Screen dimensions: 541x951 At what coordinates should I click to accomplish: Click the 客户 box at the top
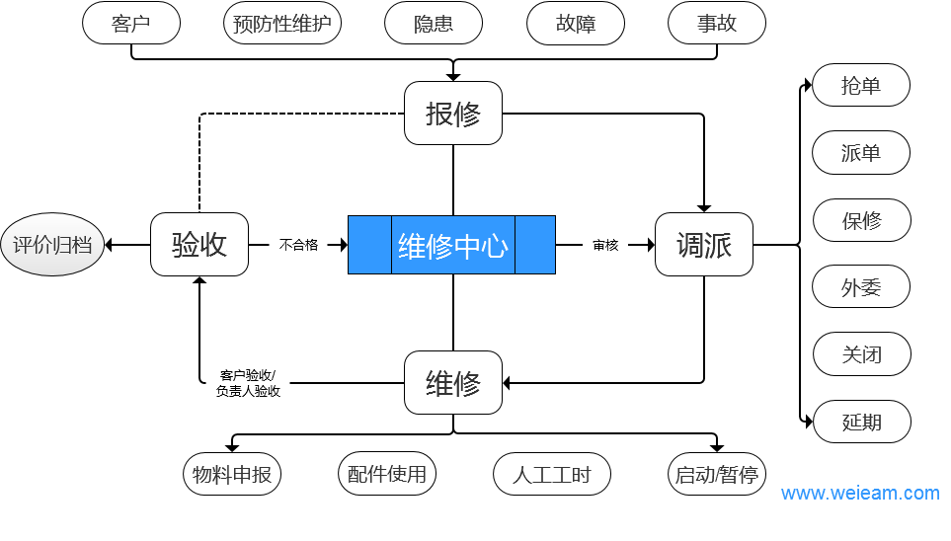131,24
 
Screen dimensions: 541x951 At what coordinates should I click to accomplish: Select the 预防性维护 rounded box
282,24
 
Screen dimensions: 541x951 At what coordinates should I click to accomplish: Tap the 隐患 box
434,24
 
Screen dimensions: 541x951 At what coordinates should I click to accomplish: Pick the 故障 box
576,24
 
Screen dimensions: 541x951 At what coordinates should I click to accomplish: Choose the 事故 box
717,24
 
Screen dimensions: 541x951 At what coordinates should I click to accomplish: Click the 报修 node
453,114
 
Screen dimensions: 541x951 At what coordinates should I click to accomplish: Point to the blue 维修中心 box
452,245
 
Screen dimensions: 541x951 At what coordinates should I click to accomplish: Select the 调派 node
704,245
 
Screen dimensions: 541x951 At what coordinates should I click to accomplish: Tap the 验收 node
199,245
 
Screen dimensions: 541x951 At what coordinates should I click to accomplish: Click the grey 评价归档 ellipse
52,245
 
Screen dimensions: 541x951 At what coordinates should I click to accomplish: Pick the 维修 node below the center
453,383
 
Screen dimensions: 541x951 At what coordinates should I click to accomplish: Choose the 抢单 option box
861,86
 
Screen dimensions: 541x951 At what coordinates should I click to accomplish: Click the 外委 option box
861,288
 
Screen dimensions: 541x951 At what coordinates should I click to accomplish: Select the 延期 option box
861,423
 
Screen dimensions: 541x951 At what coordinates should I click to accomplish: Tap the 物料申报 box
233,475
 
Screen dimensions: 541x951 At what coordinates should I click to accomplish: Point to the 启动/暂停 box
717,475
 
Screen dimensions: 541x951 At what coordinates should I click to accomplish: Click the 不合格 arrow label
298,245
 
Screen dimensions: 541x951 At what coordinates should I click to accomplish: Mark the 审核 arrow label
605,245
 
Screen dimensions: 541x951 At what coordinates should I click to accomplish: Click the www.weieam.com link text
860,493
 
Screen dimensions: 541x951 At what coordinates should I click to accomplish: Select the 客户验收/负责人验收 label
248,383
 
